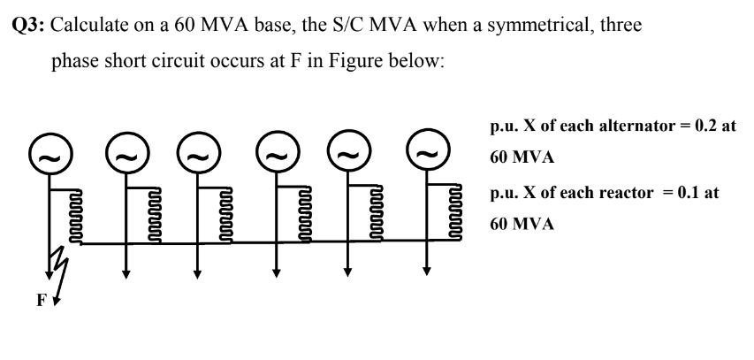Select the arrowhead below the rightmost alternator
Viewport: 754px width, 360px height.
427,273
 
